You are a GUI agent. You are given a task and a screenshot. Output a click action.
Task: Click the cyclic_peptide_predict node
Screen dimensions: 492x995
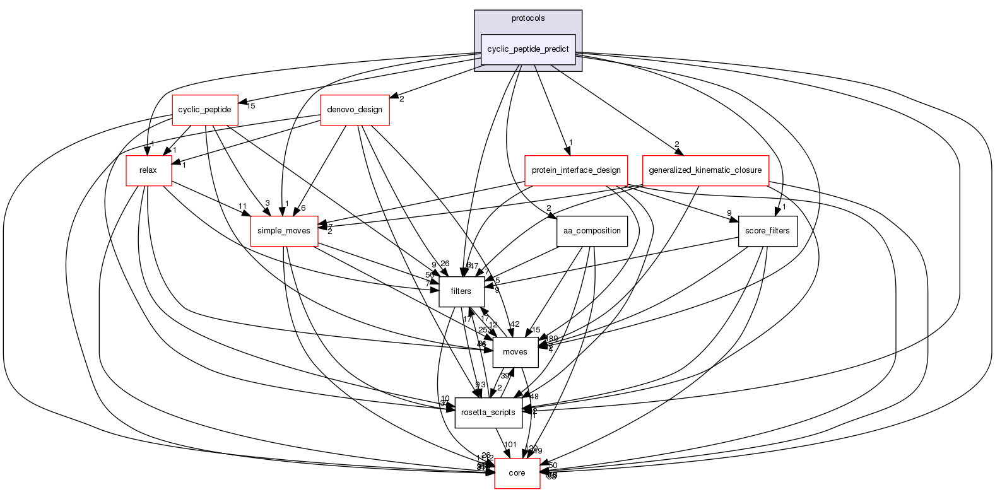[x=528, y=49]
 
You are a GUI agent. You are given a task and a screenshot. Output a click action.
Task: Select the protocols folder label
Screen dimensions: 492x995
[x=528, y=18]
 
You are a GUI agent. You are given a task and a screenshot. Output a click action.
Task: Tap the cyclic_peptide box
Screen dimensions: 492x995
[x=204, y=110]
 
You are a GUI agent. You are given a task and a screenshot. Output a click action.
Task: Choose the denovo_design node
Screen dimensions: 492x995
[x=355, y=110]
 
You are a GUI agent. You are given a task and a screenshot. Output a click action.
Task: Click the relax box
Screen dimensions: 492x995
[x=148, y=170]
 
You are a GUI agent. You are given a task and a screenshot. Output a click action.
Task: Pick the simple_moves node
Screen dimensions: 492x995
[x=284, y=231]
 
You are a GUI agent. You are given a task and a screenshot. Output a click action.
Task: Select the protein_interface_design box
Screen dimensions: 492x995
[x=576, y=170]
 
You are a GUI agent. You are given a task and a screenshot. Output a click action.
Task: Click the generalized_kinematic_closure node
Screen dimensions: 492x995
[x=705, y=170]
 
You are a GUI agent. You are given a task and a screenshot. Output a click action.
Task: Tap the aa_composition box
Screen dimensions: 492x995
[x=592, y=231]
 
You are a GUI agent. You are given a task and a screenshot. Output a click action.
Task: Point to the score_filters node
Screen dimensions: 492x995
[x=767, y=231]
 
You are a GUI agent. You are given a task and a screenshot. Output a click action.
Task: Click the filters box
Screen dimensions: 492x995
[x=461, y=291]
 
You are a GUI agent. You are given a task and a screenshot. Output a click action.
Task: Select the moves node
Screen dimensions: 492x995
[x=515, y=352]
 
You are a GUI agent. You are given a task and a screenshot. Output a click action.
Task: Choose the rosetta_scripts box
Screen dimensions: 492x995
[x=488, y=413]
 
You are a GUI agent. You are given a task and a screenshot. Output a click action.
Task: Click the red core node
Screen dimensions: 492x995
[x=517, y=473]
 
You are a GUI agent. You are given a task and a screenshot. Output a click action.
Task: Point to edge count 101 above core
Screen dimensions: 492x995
[x=510, y=445]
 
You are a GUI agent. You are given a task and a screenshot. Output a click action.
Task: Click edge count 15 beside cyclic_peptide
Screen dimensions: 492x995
[x=250, y=105]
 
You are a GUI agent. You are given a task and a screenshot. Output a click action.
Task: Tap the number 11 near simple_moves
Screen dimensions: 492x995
[x=242, y=206]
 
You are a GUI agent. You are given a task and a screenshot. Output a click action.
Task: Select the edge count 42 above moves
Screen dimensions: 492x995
[x=515, y=324]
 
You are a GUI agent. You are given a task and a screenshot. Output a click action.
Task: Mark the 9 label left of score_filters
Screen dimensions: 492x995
[x=729, y=213]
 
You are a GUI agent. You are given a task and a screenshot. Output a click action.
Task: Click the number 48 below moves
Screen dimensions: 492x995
[x=534, y=397]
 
